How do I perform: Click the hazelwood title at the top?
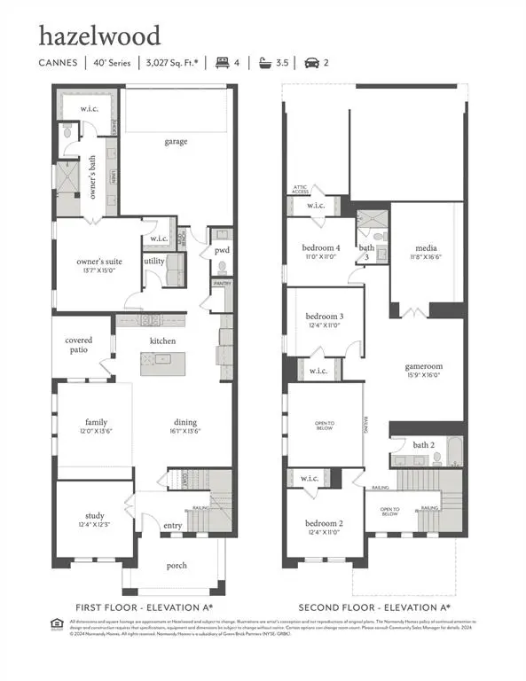click(98, 36)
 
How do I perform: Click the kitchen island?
click(165, 359)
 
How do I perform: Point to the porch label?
click(177, 565)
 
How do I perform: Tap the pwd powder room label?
click(221, 251)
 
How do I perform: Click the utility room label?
click(154, 262)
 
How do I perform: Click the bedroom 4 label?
click(320, 247)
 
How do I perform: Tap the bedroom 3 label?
click(325, 317)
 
